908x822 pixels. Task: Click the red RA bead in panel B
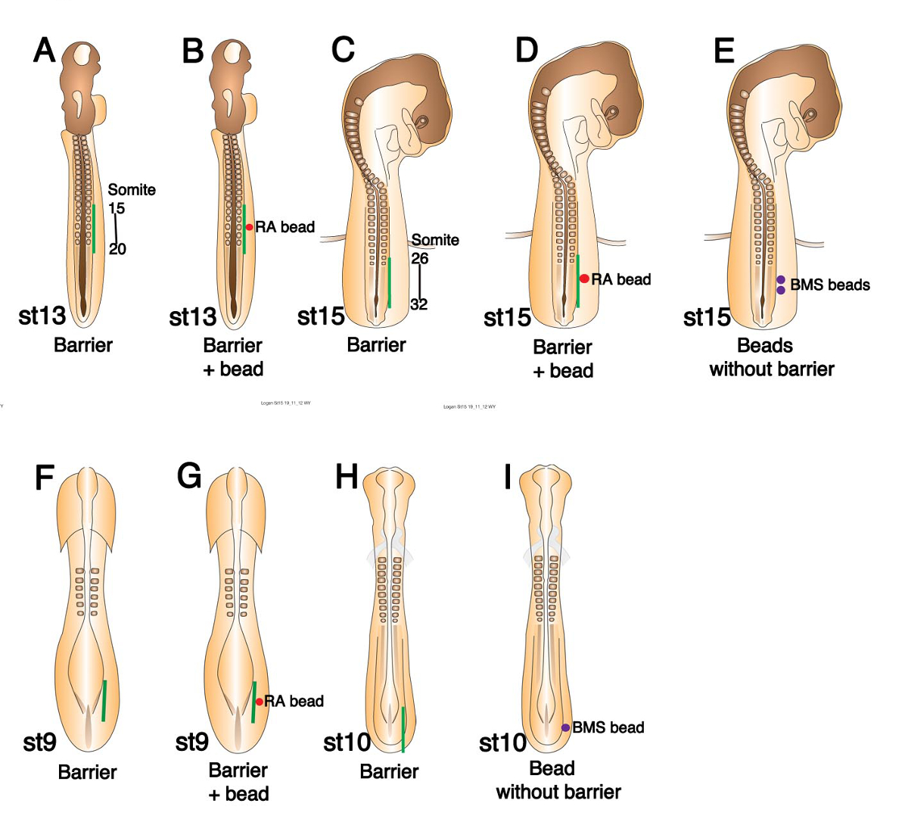click(249, 227)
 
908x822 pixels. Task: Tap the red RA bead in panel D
click(584, 279)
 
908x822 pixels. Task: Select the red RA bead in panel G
click(259, 702)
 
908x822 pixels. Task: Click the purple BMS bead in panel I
click(565, 727)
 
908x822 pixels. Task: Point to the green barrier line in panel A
click(94, 227)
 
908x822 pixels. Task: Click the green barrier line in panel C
click(389, 282)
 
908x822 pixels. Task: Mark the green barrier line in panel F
click(104, 701)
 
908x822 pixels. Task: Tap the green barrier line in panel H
click(403, 728)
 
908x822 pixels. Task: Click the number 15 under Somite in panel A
click(117, 208)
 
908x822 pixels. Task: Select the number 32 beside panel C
click(418, 304)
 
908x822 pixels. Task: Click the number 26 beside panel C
click(420, 259)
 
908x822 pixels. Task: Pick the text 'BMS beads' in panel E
click(830, 285)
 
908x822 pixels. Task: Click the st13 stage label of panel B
click(192, 316)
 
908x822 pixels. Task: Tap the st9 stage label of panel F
click(39, 743)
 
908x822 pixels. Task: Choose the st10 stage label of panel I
click(502, 743)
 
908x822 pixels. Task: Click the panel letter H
click(346, 478)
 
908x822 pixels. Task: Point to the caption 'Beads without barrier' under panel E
click(771, 357)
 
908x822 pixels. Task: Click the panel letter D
click(526, 50)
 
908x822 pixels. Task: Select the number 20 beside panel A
click(117, 248)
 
